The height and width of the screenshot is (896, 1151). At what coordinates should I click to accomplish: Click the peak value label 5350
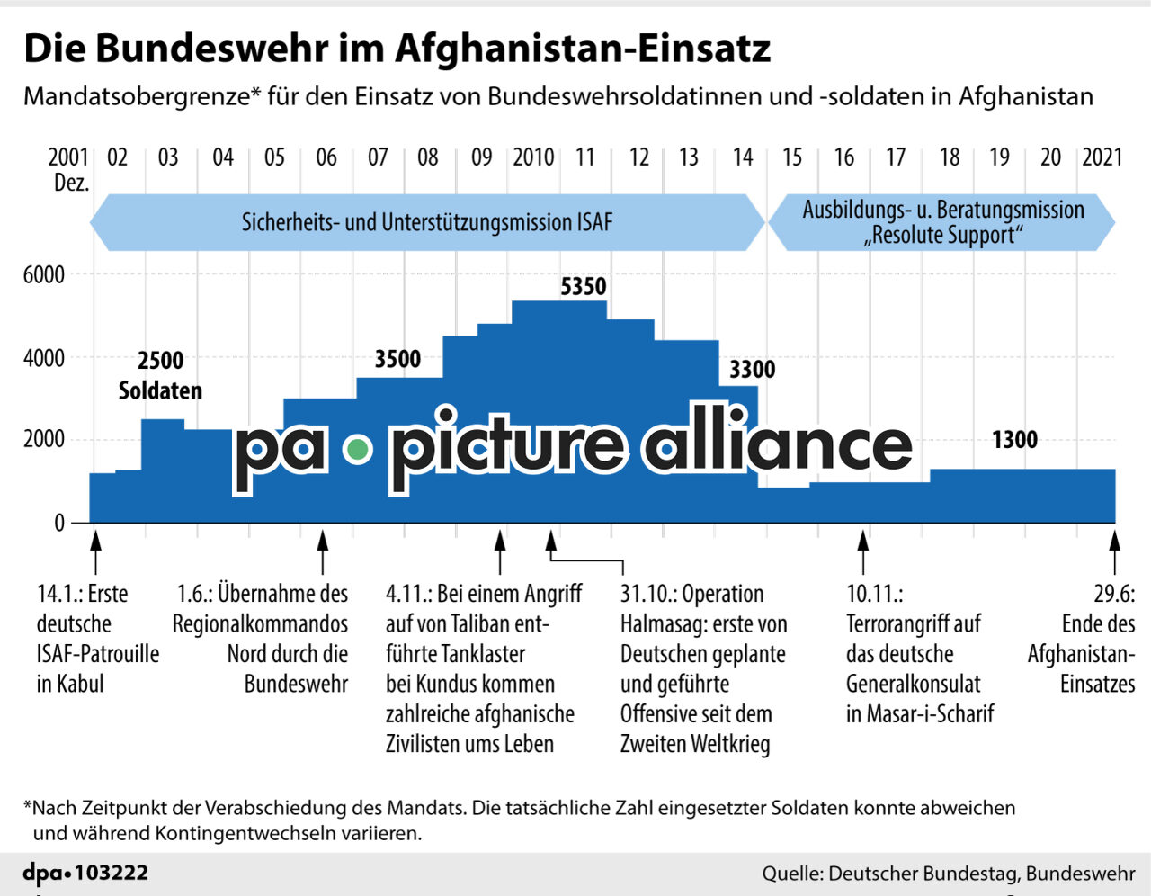pos(584,287)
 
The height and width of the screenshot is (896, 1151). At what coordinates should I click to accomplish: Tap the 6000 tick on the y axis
pos(43,275)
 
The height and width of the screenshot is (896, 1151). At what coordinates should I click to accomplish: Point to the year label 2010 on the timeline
pos(533,157)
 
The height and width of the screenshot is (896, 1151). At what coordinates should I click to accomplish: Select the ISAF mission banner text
pos(426,222)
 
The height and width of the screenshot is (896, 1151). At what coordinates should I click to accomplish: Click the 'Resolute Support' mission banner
pos(942,222)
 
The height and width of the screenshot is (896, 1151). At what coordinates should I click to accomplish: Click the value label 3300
pos(752,370)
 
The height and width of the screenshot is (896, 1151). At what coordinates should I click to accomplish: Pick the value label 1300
pos(1014,440)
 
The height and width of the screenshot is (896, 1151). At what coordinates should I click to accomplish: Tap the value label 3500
pos(397,360)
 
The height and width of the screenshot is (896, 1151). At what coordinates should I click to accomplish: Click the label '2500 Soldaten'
pos(160,375)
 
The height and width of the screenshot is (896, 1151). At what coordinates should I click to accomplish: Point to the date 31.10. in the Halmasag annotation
pos(647,595)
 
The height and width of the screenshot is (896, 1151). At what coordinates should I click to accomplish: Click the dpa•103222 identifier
pos(85,873)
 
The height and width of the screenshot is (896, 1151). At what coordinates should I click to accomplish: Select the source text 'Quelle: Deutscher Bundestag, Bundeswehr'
pos(948,874)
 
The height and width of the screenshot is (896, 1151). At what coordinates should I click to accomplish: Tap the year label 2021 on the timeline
pos(1102,157)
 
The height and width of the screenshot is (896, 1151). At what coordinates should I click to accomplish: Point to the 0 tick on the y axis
pos(59,523)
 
